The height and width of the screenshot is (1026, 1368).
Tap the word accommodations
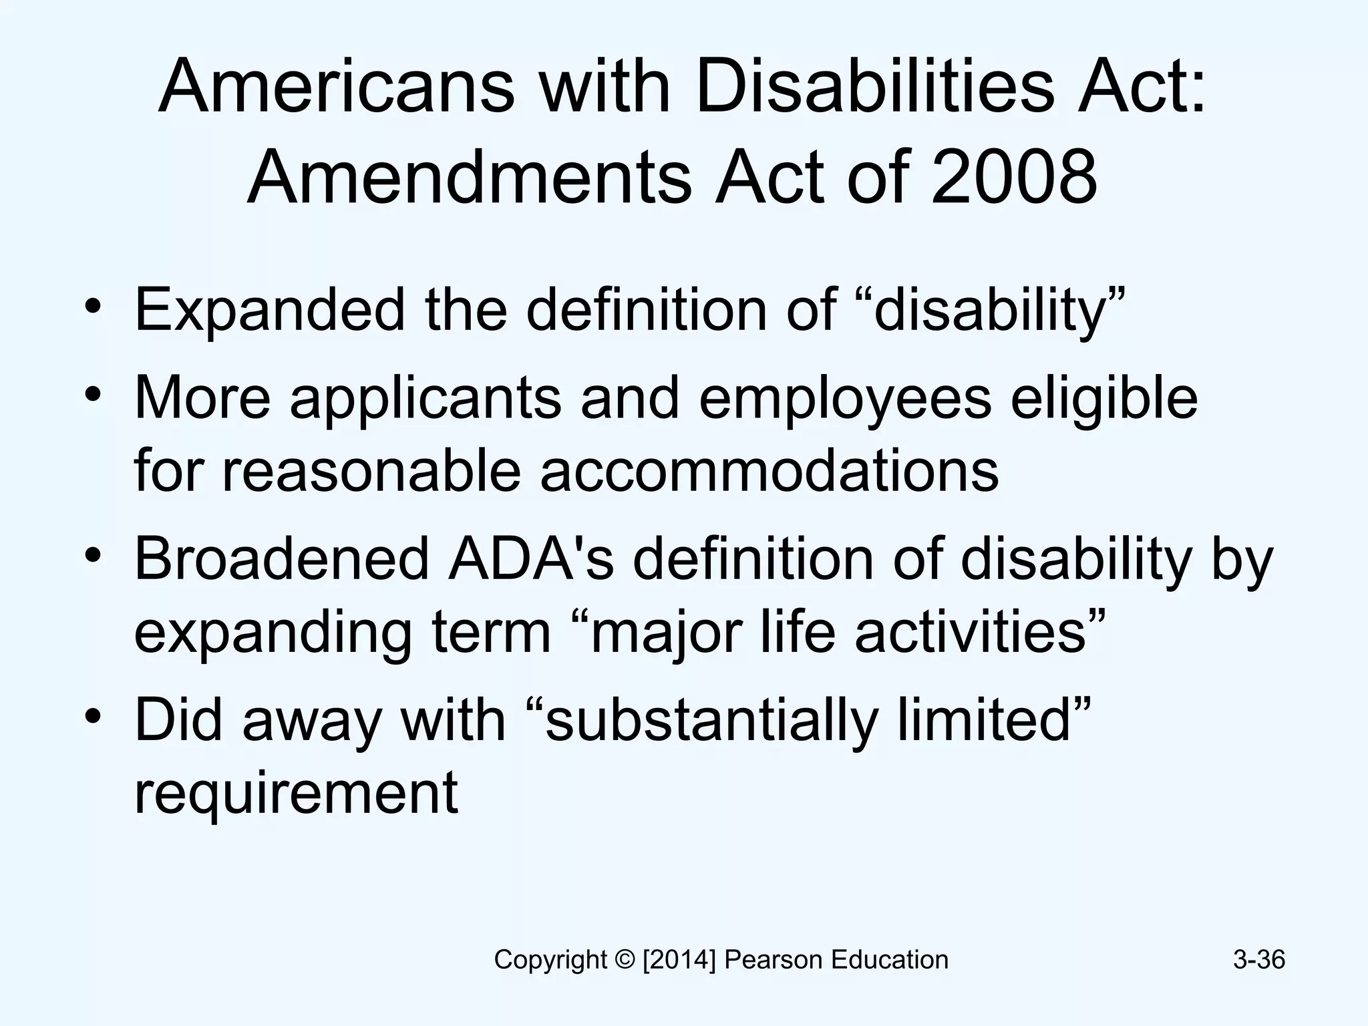coord(769,471)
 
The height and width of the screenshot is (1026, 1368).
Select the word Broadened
coord(281,560)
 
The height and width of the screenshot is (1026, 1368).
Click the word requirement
coord(296,793)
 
